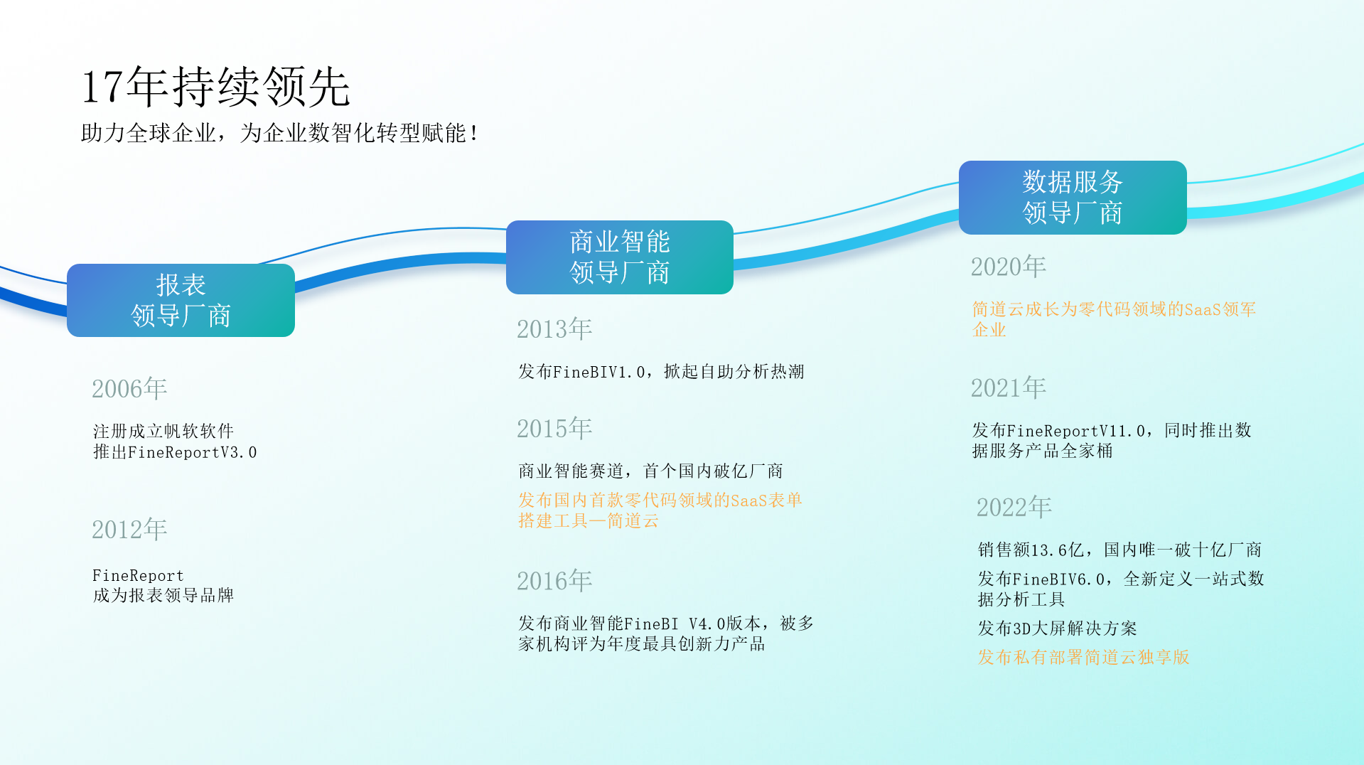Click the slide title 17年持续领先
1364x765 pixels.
(x=215, y=87)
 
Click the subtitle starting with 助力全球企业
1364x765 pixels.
(x=279, y=133)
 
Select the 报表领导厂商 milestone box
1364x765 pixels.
(x=181, y=300)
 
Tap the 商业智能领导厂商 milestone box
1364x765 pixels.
(x=620, y=257)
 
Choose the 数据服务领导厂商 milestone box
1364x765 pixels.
(x=1073, y=198)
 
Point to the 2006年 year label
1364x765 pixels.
(x=129, y=389)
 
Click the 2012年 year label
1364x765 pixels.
(x=129, y=530)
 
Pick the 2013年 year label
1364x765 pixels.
(x=554, y=329)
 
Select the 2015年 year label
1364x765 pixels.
(x=554, y=429)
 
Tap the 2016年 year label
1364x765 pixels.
(x=554, y=581)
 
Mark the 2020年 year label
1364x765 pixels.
(x=1009, y=267)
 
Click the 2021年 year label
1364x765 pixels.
(x=1009, y=387)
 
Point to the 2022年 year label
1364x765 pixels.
(x=1014, y=507)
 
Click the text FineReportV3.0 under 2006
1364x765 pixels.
(x=193, y=452)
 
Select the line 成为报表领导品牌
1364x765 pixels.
(x=163, y=595)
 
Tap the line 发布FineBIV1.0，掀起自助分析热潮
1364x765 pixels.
(x=662, y=371)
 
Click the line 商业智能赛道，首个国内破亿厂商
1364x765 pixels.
(x=651, y=471)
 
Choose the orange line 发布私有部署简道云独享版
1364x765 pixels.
(x=1084, y=657)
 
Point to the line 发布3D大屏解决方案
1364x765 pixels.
(x=1058, y=628)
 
